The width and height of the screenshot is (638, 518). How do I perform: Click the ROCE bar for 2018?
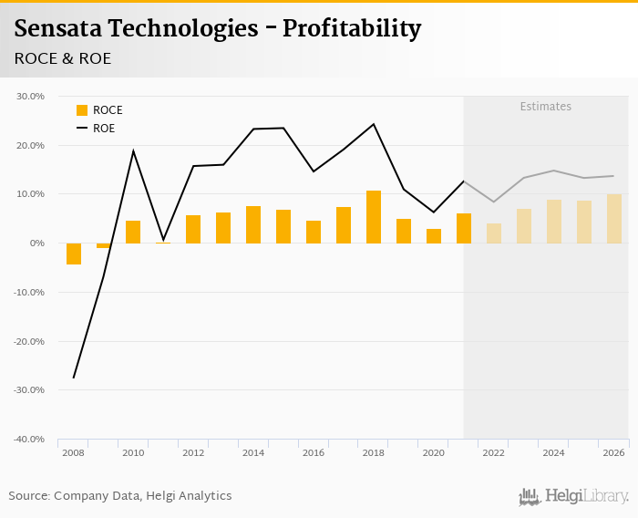click(374, 217)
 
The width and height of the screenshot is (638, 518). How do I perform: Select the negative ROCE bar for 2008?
click(74, 254)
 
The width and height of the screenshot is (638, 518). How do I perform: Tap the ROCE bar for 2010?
click(133, 232)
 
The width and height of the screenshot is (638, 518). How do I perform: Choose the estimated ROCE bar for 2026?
click(614, 219)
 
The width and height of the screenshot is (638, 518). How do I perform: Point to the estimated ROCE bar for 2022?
click(494, 233)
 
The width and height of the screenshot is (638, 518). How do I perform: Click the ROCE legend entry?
click(99, 110)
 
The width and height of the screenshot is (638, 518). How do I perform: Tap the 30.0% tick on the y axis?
click(31, 96)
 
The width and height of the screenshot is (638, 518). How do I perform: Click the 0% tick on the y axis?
click(36, 243)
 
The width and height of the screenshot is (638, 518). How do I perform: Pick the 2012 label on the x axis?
click(193, 452)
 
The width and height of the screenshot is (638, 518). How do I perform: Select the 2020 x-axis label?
click(434, 452)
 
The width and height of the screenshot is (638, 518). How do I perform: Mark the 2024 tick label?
click(554, 452)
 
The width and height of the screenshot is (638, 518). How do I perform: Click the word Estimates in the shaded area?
click(545, 107)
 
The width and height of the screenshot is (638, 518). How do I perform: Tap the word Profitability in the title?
click(351, 29)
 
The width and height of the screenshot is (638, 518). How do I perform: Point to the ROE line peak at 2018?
click(374, 124)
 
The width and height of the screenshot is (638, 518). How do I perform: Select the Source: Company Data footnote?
click(120, 496)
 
